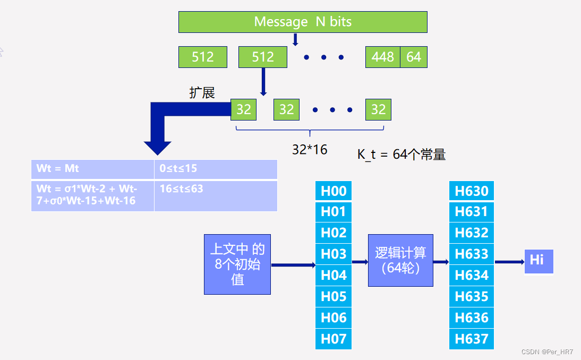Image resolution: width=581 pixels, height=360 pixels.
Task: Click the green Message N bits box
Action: (303, 22)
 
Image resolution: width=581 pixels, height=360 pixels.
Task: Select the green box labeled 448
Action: (382, 57)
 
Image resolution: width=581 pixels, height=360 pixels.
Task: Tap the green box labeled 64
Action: (414, 57)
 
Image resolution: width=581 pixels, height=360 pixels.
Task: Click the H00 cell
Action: (334, 191)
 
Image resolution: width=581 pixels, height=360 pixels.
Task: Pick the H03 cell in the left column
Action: (334, 254)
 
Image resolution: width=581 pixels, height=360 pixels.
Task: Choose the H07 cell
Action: (334, 339)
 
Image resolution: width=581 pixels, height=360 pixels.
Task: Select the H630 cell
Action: (471, 191)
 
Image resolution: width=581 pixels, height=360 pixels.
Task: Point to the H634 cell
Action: (471, 276)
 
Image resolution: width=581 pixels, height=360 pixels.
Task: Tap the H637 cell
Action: (471, 339)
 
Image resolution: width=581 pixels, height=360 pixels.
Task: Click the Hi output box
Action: (539, 261)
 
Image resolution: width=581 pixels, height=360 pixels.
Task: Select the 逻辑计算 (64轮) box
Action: (400, 260)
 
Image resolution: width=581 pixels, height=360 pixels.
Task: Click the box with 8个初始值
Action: (237, 264)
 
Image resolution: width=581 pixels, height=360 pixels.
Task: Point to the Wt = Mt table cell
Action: (92, 169)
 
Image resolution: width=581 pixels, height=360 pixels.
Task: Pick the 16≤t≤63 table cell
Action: (215, 195)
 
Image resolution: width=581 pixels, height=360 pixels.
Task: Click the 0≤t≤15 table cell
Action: (215, 169)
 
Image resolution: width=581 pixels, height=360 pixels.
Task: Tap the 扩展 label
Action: (202, 92)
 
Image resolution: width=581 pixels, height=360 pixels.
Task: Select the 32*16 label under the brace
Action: (310, 150)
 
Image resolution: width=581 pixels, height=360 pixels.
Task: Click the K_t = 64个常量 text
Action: (401, 155)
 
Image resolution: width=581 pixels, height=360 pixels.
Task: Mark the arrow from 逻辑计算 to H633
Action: (441, 261)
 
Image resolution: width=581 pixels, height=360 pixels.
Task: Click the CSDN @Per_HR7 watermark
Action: (547, 352)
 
